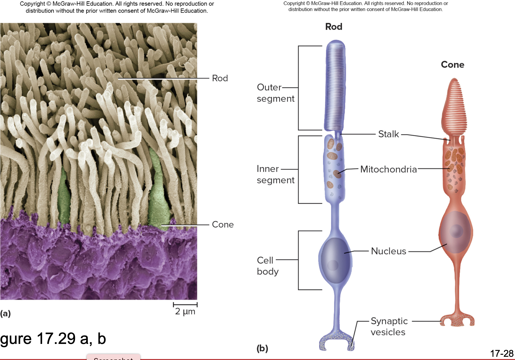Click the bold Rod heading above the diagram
[334, 27]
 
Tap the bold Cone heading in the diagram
[452, 65]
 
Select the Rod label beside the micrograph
[220, 78]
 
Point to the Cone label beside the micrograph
[223, 224]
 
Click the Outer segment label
[275, 93]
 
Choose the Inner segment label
[275, 174]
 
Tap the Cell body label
[267, 266]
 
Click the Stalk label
[388, 134]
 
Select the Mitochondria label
[388, 169]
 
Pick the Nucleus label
[388, 251]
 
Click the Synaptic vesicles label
[389, 327]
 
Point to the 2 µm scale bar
[185, 305]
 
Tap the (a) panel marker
[5, 313]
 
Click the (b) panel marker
[262, 348]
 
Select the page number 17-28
[502, 353]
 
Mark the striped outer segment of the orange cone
[454, 107]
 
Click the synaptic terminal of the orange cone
[457, 320]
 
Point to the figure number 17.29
[56, 339]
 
